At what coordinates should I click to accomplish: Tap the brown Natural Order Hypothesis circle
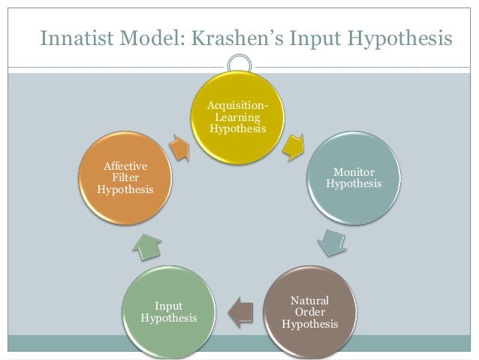[309, 311]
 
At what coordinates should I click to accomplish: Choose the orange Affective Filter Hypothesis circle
[125, 177]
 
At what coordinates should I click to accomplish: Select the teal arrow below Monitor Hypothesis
[328, 242]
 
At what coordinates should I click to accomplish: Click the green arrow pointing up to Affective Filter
[148, 246]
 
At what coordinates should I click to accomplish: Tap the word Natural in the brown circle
[309, 301]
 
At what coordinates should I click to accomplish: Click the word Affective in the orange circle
[125, 166]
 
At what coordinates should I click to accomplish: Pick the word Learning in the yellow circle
[237, 118]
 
